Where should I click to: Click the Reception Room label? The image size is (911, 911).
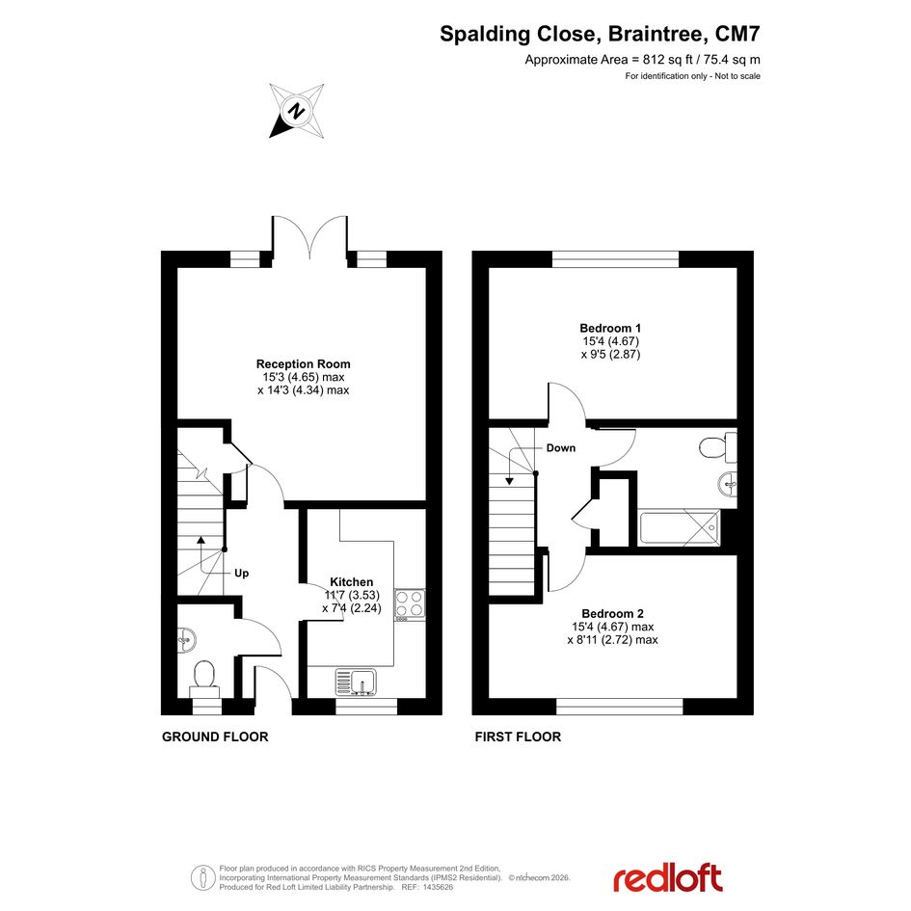[x=304, y=364]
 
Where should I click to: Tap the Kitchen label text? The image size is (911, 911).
[x=352, y=582]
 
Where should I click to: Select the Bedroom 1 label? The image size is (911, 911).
[x=610, y=329]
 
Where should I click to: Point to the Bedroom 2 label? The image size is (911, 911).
[x=613, y=613]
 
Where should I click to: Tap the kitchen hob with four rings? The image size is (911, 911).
[x=410, y=603]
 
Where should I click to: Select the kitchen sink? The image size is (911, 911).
[x=356, y=682]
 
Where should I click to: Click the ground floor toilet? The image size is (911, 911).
[x=204, y=679]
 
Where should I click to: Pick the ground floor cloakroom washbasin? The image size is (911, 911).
[x=186, y=640]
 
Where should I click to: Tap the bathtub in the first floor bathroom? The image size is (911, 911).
[x=680, y=527]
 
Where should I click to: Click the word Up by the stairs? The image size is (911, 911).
[x=242, y=574]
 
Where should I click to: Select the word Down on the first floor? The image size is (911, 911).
[x=561, y=448]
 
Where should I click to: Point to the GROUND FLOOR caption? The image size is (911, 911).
[x=215, y=737]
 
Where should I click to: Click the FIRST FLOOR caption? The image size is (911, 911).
[x=518, y=737]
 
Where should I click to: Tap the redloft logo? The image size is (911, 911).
[x=667, y=878]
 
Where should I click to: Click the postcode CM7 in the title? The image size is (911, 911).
[x=737, y=34]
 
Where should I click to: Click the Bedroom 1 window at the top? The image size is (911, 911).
[x=615, y=259]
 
